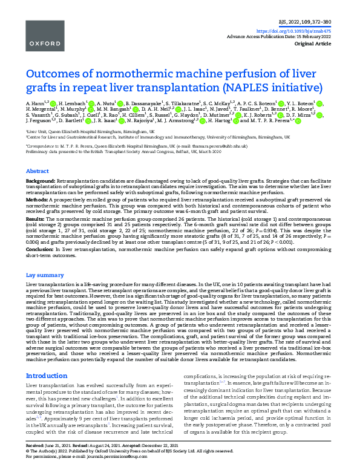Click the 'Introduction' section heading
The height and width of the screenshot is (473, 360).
47,376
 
